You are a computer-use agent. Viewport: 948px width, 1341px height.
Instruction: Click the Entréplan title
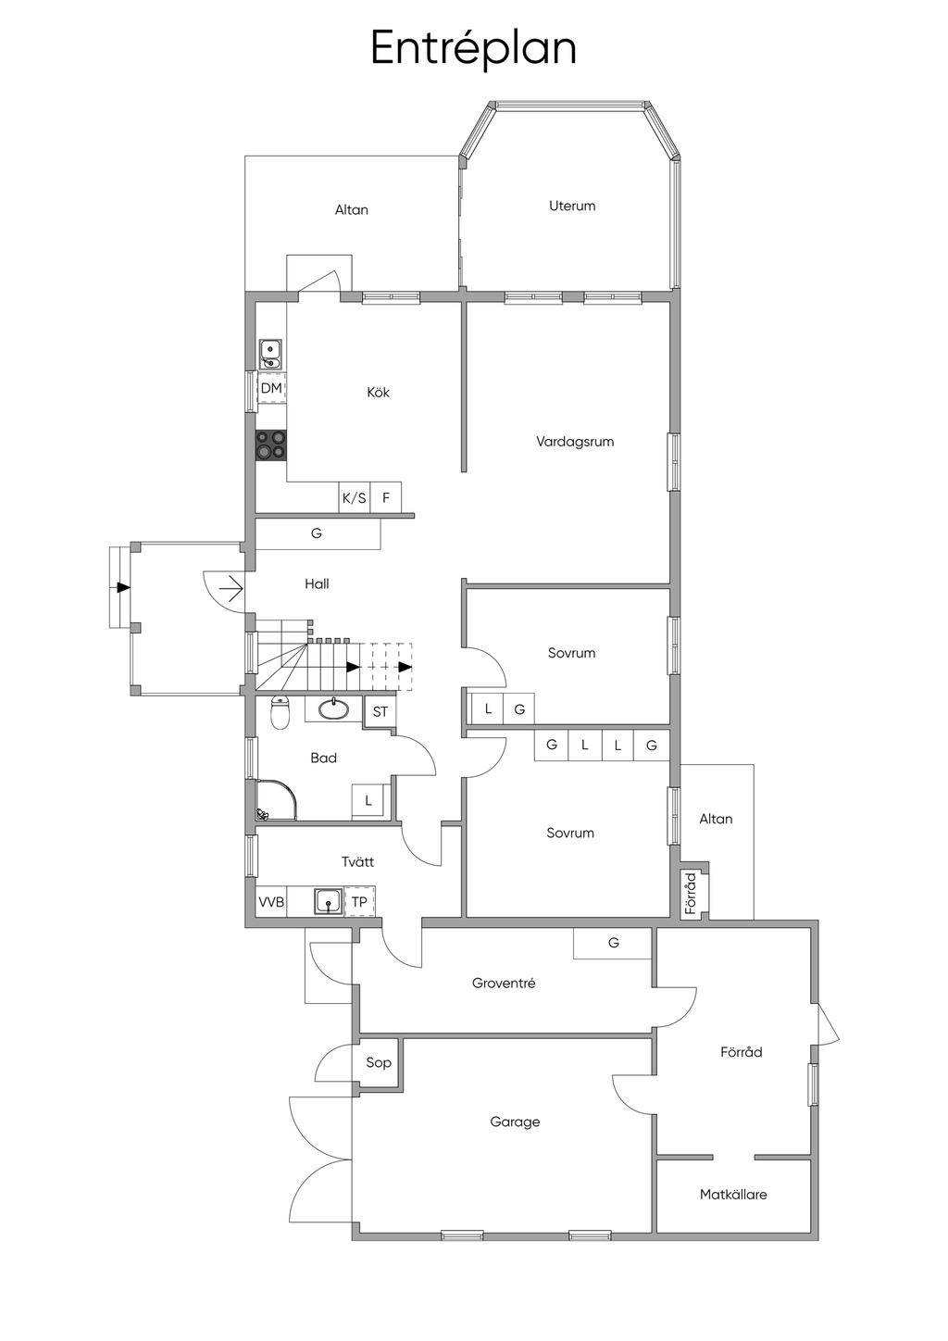pos(473,49)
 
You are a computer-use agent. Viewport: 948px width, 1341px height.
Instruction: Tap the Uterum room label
pos(572,206)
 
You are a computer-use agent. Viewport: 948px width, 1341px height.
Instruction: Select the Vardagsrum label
pos(575,443)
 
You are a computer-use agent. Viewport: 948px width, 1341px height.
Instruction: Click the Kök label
pos(379,392)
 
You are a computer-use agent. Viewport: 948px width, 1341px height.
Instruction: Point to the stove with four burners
pos(271,445)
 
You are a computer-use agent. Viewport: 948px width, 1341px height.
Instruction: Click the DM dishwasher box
pos(271,388)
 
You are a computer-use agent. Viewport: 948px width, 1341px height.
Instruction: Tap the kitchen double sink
pos(271,355)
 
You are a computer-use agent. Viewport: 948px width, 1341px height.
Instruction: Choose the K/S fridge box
pos(355,497)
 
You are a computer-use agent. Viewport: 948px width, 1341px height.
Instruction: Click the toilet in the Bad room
pos(280,712)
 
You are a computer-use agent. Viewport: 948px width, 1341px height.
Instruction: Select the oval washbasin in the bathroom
pos(333,710)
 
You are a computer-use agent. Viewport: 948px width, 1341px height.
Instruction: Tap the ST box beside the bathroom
pos(380,712)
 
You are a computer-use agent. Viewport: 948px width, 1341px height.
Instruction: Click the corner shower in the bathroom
pos(276,799)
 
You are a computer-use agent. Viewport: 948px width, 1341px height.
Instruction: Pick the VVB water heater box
pos(271,902)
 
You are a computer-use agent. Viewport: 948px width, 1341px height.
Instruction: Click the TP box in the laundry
pos(359,902)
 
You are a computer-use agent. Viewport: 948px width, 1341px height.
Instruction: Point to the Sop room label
pos(379,1062)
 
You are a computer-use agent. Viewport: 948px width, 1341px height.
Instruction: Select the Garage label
pos(515,1122)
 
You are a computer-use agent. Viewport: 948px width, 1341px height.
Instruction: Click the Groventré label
pos(504,983)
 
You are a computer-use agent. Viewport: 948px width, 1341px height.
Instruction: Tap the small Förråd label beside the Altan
pos(692,893)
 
